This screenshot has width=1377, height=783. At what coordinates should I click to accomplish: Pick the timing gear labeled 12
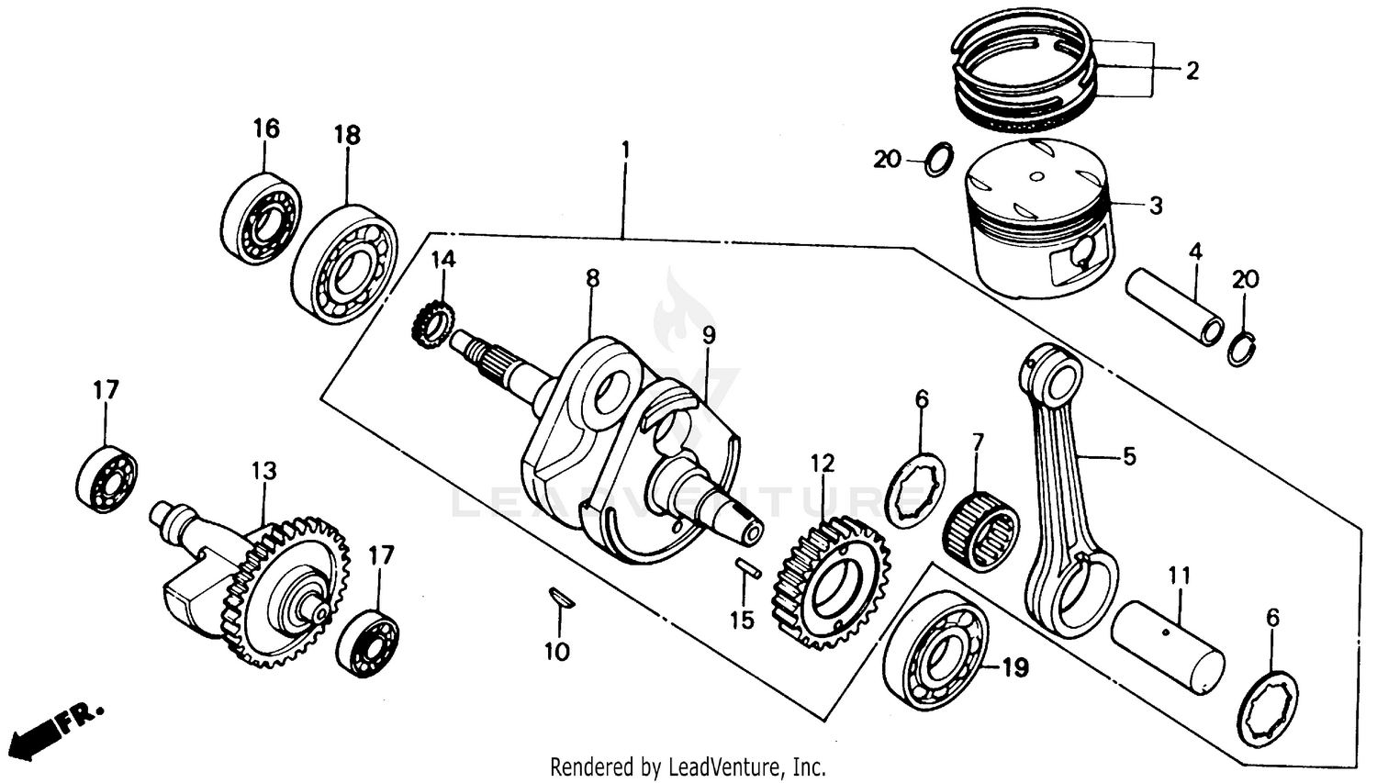coord(832,580)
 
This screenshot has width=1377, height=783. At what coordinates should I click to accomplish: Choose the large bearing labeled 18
coord(344,262)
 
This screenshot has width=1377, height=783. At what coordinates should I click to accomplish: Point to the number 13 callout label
coord(263,471)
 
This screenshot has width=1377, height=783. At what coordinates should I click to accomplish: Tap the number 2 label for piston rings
coord(1192,71)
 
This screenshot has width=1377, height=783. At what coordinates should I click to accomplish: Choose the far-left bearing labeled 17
coord(106,472)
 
